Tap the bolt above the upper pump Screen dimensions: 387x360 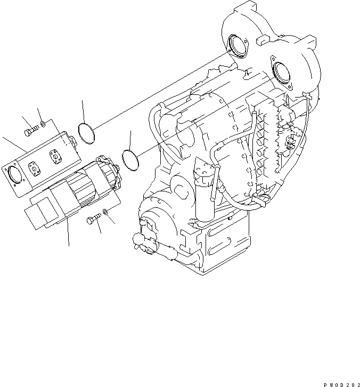click(31, 128)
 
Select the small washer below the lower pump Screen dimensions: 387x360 click(107, 212)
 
